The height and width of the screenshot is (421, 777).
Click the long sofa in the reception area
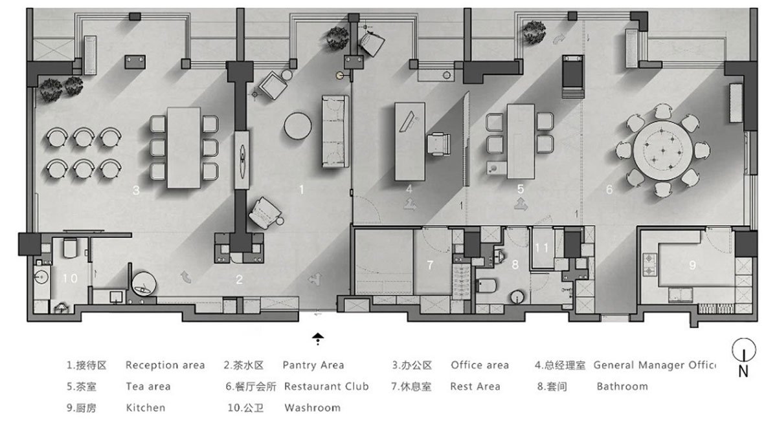[x=335, y=131]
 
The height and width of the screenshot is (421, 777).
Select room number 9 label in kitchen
[x=692, y=264]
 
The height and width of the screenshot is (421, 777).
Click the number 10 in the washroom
[x=70, y=279]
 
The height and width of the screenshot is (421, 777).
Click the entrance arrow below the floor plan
[x=317, y=338]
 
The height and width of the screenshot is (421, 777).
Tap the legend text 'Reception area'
[x=165, y=365]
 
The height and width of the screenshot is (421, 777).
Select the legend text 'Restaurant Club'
[x=326, y=386]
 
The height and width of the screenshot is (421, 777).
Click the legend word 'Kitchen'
[x=145, y=407]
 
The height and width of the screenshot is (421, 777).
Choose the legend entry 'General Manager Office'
[x=654, y=365]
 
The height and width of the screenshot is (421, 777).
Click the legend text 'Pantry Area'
[x=313, y=365]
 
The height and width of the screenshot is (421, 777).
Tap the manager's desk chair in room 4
[x=440, y=143]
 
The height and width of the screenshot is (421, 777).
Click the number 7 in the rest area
[x=429, y=265]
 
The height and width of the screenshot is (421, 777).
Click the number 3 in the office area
[x=136, y=190]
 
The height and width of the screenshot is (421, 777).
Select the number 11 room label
[x=542, y=248]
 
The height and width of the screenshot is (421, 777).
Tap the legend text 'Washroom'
[x=312, y=407]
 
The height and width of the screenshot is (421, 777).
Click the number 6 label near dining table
[x=609, y=190]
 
